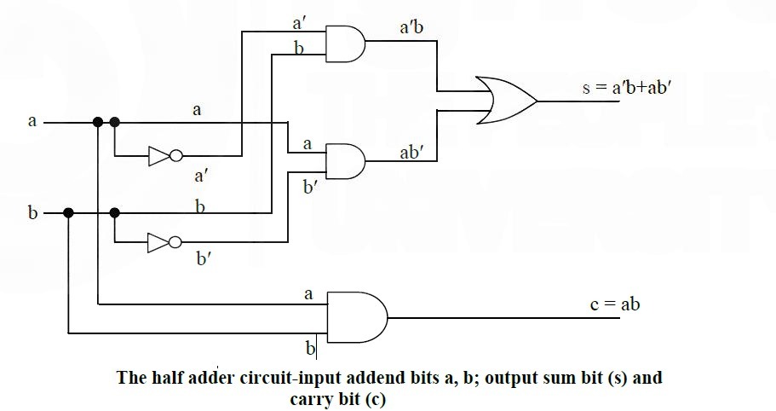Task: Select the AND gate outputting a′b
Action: [346, 43]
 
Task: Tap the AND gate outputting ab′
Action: [346, 161]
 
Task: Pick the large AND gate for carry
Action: [357, 317]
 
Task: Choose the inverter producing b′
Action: [164, 242]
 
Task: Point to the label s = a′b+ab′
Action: [627, 88]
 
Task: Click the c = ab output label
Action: [615, 304]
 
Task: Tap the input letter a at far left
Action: [32, 121]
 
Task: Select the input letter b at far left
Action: [32, 212]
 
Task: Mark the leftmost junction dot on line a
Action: [98, 122]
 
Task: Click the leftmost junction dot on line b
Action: [68, 213]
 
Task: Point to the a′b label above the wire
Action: [411, 27]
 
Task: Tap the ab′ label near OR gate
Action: [411, 153]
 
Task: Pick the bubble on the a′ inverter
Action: [176, 156]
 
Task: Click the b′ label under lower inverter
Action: [204, 258]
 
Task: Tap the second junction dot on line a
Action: [115, 122]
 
